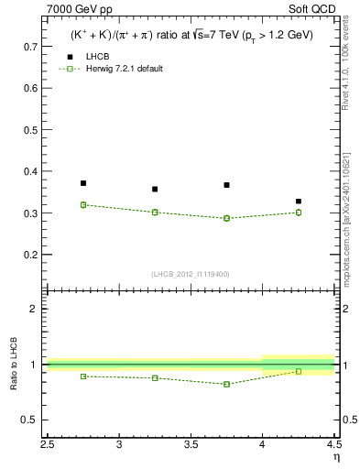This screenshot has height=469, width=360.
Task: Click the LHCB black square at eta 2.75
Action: [x=83, y=183]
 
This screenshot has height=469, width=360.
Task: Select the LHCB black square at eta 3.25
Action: [x=155, y=190]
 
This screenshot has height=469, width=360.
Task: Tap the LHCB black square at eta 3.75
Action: [x=226, y=185]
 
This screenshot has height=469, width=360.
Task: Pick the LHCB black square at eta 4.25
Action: [x=299, y=201]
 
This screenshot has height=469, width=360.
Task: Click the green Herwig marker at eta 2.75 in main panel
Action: [x=83, y=205]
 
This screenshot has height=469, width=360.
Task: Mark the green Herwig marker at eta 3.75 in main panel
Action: [x=226, y=218]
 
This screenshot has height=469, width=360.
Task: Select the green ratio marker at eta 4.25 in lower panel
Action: [x=299, y=371]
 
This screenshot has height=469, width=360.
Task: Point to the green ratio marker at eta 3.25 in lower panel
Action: [x=155, y=377]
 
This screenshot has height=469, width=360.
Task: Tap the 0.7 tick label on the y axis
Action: [x=30, y=46]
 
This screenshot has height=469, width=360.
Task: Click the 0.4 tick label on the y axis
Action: [x=30, y=171]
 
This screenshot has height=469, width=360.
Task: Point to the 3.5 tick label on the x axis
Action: [x=191, y=444]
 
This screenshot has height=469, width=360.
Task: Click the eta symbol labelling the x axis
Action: [x=336, y=456]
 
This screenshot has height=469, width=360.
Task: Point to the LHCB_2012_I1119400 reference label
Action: [x=191, y=274]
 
